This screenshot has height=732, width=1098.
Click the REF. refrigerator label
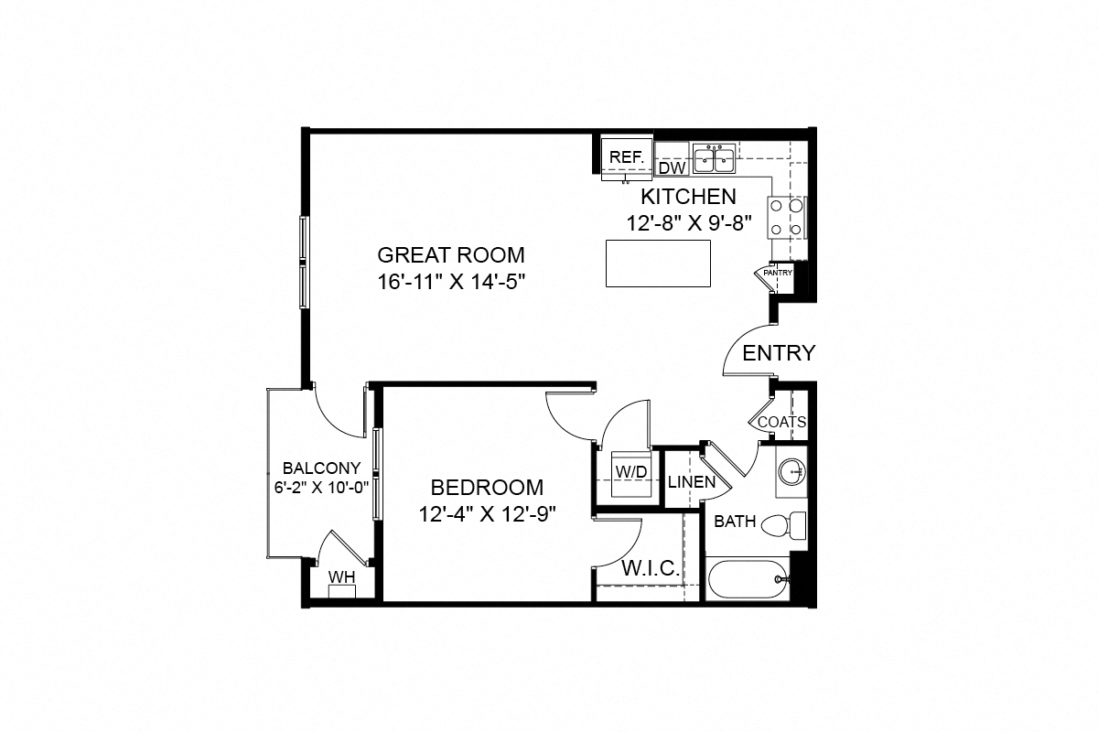click(627, 156)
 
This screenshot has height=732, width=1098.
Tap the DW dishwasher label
click(672, 168)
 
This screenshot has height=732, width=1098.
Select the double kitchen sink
click(714, 159)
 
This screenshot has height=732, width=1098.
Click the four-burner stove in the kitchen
click(786, 218)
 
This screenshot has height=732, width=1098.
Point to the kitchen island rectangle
click(659, 264)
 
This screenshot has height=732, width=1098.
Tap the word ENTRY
click(778, 353)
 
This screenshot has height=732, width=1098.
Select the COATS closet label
click(781, 423)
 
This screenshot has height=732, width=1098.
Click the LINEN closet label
click(691, 481)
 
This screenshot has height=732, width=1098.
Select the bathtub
click(747, 579)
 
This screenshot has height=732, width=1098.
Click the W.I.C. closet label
click(651, 569)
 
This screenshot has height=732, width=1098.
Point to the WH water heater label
click(341, 577)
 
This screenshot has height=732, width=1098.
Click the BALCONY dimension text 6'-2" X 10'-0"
click(320, 487)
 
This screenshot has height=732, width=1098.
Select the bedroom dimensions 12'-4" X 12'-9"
click(487, 513)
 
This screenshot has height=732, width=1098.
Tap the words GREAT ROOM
click(451, 254)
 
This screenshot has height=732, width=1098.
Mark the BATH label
click(735, 522)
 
